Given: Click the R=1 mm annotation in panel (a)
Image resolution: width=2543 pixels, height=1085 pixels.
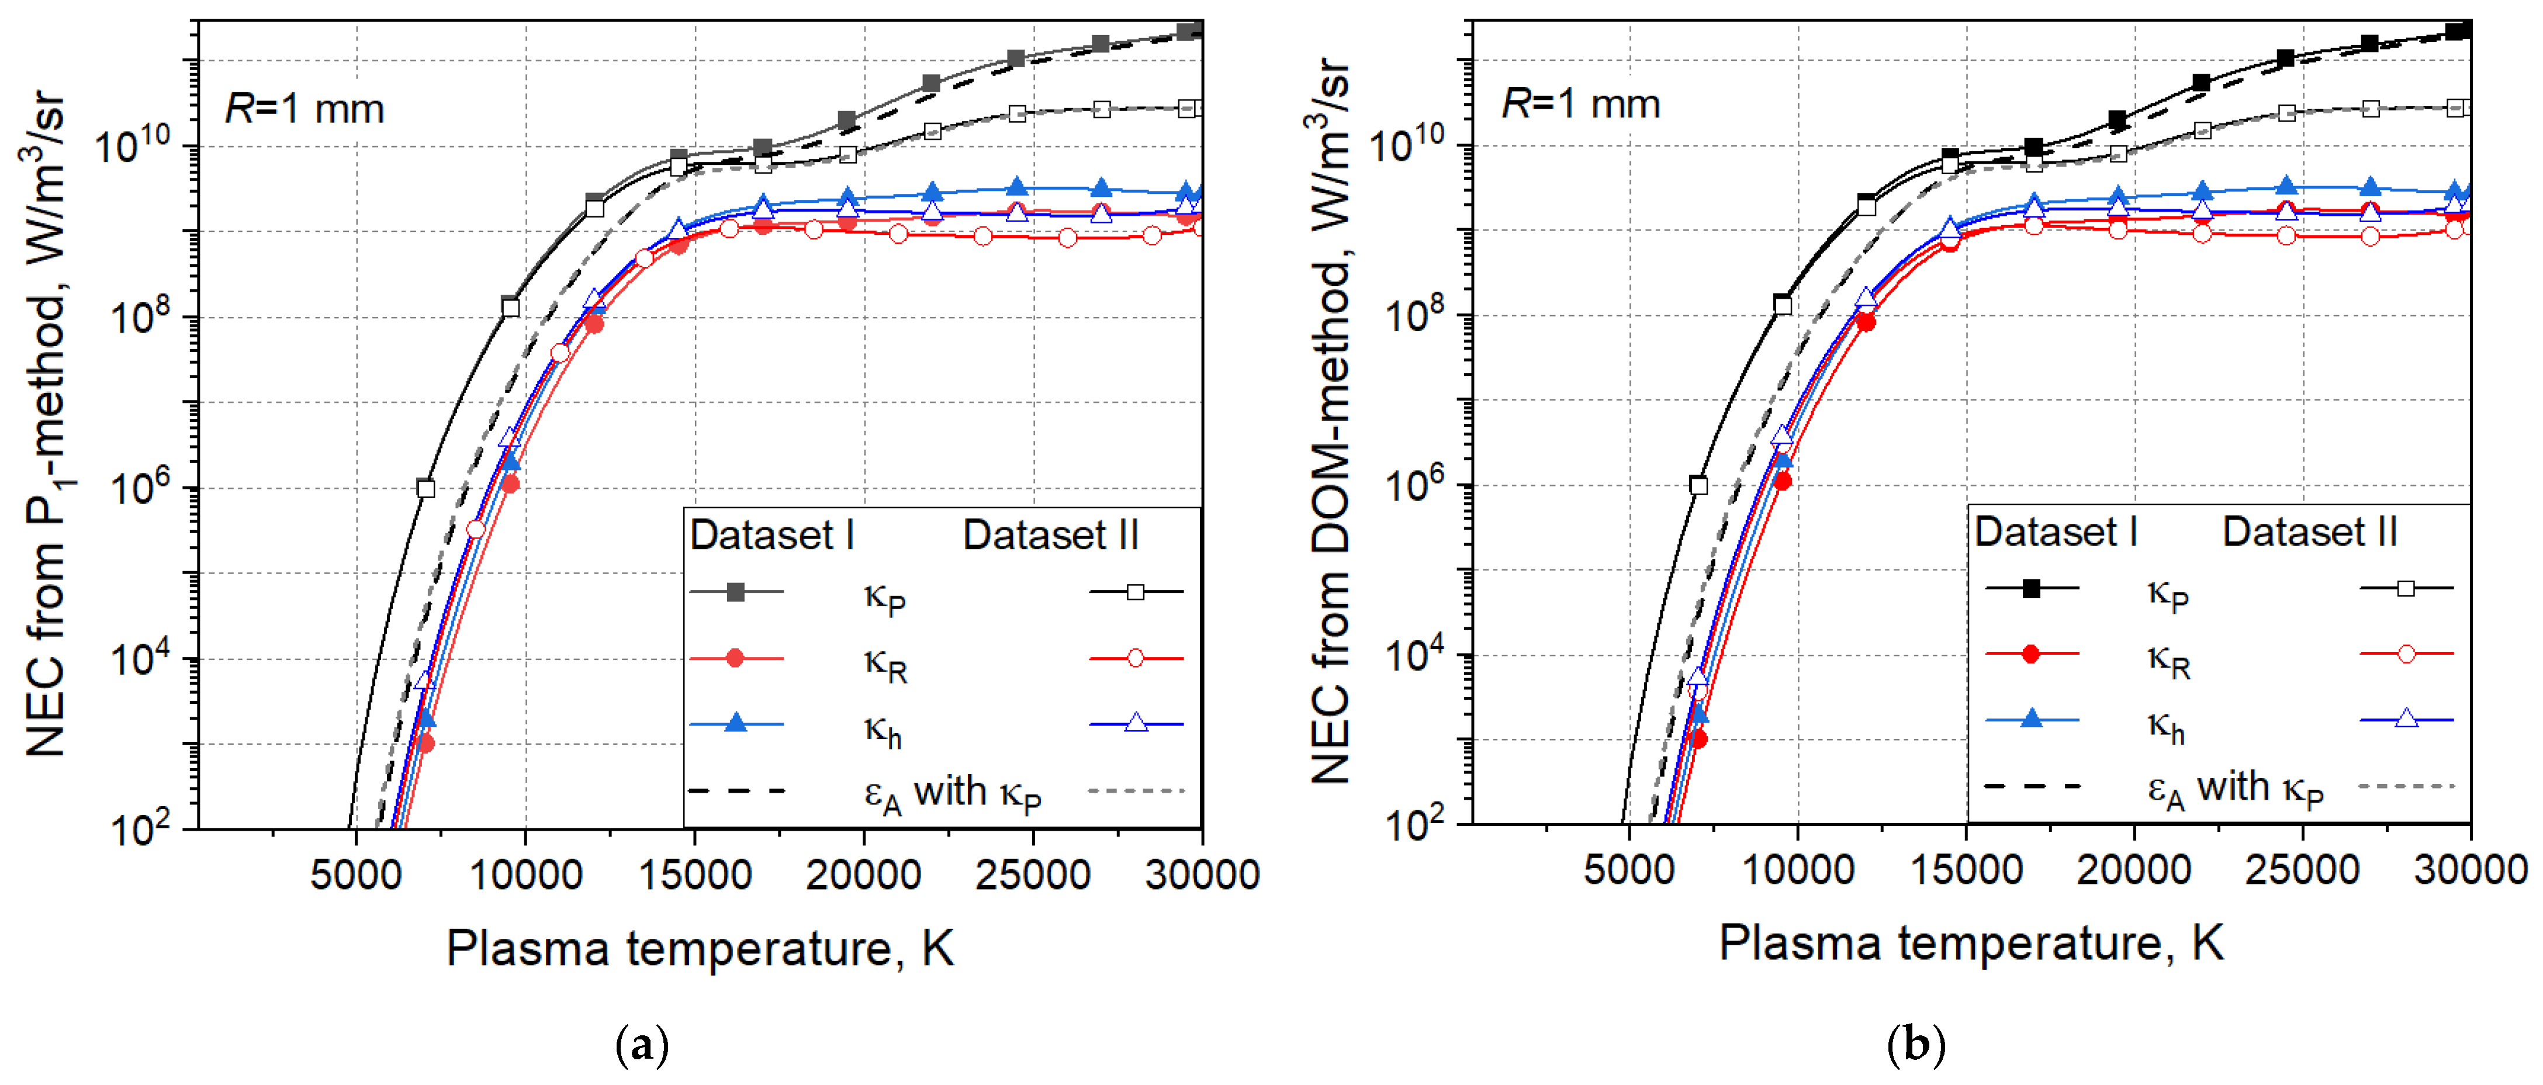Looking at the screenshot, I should pyautogui.click(x=304, y=108).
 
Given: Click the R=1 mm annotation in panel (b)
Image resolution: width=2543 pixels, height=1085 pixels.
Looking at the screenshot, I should pyautogui.click(x=1580, y=103).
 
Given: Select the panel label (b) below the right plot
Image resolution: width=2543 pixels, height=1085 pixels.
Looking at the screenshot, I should pyautogui.click(x=1915, y=1043).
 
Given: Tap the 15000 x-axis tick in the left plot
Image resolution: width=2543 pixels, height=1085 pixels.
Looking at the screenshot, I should pyautogui.click(x=695, y=875).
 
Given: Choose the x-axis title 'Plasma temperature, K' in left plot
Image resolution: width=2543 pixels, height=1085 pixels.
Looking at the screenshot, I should pyautogui.click(x=700, y=949).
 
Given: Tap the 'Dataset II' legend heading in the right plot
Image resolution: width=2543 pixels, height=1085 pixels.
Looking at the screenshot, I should pyautogui.click(x=2309, y=532).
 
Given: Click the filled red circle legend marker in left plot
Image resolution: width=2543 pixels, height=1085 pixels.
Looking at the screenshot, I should pyautogui.click(x=735, y=658).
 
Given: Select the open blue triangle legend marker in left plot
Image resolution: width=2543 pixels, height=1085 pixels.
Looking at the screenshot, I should pyautogui.click(x=1136, y=724).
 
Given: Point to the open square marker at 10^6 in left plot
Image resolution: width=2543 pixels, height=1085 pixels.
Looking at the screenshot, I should pyautogui.click(x=425, y=488).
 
